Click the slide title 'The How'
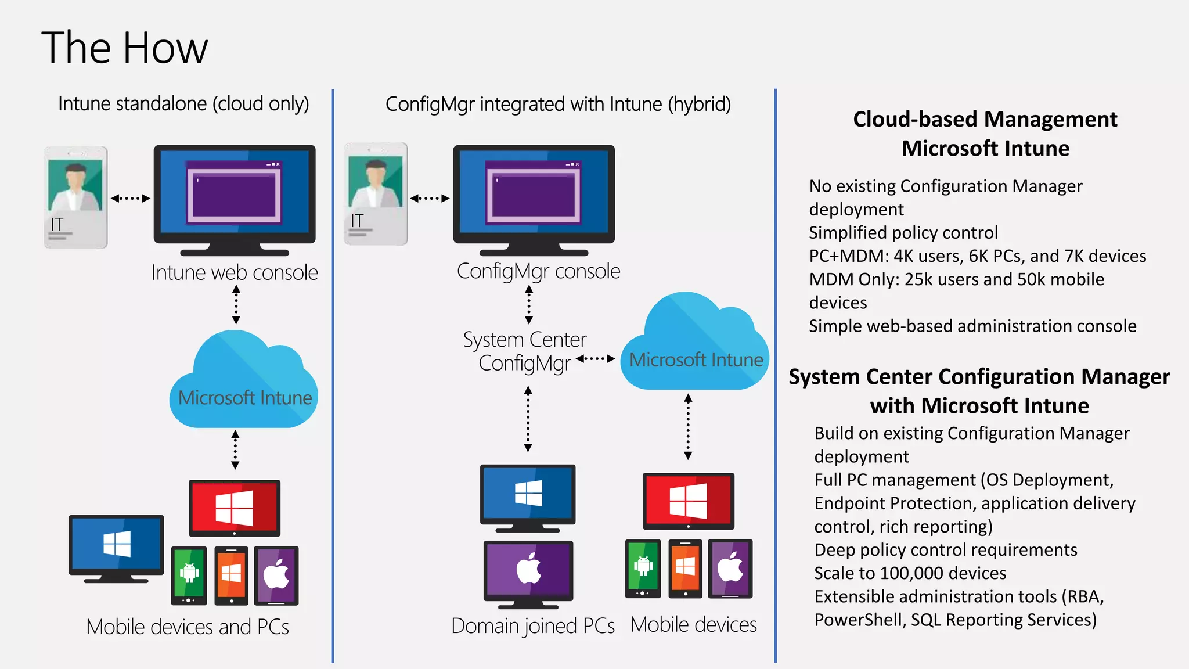pyautogui.click(x=124, y=48)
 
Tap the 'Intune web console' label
pyautogui.click(x=235, y=272)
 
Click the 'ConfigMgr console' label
pyautogui.click(x=538, y=271)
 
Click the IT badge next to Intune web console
pyautogui.click(x=76, y=197)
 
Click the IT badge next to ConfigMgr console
pyautogui.click(x=376, y=194)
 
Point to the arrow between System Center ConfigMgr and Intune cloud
pyautogui.click(x=596, y=358)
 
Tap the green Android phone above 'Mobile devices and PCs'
pyautogui.click(x=189, y=575)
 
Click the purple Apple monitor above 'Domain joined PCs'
pyautogui.click(x=528, y=571)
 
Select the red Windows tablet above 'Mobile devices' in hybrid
pyautogui.click(x=688, y=501)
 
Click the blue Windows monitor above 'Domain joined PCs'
pyautogui.click(x=528, y=496)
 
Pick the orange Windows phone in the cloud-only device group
pyautogui.click(x=231, y=575)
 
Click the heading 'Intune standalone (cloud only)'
pyautogui.click(x=183, y=104)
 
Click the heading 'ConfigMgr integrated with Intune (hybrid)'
pyautogui.click(x=558, y=105)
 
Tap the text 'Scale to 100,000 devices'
pyautogui.click(x=910, y=573)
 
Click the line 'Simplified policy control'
pyautogui.click(x=903, y=233)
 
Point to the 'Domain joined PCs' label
pyautogui.click(x=532, y=626)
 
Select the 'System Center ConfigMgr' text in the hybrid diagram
pyautogui.click(x=525, y=351)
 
